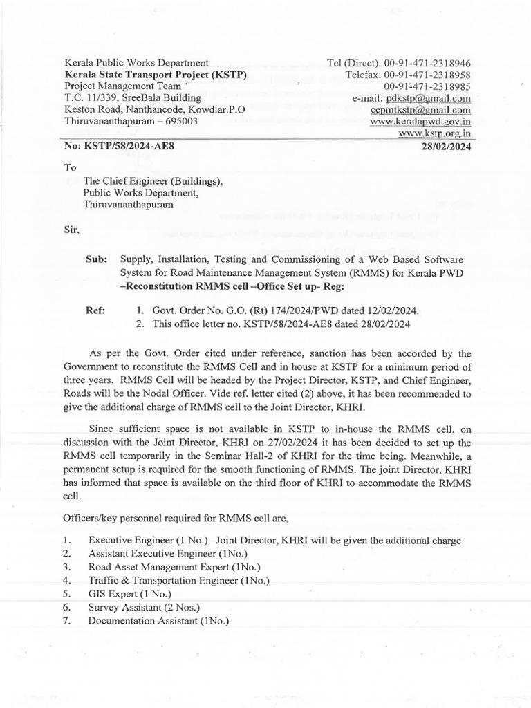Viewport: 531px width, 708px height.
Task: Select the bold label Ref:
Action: pos(95,311)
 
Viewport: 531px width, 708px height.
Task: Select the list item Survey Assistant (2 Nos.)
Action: pos(144,607)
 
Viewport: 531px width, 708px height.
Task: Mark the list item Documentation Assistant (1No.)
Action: pos(159,620)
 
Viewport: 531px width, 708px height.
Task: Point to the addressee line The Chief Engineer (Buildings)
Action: pos(153,181)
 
